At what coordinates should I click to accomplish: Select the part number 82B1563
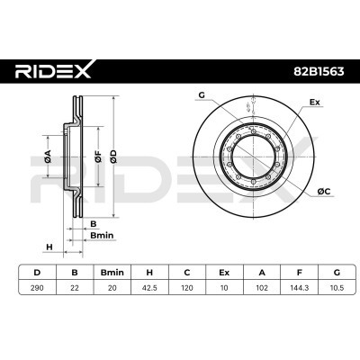pyautogui.click(x=319, y=72)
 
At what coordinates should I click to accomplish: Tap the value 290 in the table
pyautogui.click(x=37, y=288)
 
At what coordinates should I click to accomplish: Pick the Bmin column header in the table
pyautogui.click(x=112, y=273)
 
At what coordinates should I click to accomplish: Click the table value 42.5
pyautogui.click(x=149, y=288)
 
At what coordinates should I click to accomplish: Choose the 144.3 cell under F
pyautogui.click(x=299, y=288)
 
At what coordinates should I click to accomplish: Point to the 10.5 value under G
pyautogui.click(x=337, y=288)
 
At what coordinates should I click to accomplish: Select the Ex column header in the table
pyautogui.click(x=224, y=273)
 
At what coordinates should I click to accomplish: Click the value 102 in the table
pyautogui.click(x=262, y=288)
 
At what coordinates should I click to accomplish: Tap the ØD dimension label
pyautogui.click(x=113, y=157)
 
